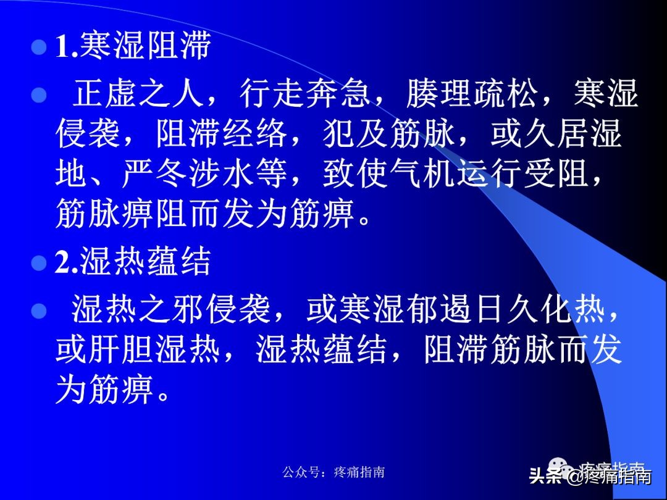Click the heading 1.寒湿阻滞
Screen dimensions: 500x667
[x=133, y=48]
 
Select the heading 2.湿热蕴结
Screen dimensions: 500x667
[x=133, y=262]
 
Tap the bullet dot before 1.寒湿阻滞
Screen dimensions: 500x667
[x=39, y=48]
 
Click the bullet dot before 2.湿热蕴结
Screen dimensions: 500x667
[x=39, y=263]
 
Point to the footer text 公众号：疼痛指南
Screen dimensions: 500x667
[x=333, y=472]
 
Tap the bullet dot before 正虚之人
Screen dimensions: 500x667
[x=39, y=96]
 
